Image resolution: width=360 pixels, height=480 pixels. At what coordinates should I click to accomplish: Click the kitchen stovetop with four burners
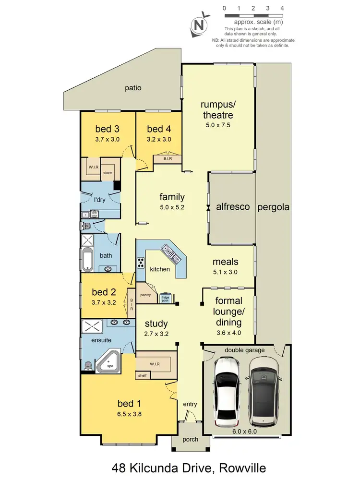point(142,263)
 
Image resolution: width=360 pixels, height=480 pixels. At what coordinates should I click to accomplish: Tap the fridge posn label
point(166,298)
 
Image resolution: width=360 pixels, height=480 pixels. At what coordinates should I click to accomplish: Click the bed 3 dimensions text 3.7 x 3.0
point(107,139)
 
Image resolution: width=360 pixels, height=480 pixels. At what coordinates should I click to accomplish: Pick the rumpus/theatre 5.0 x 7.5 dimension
point(217,127)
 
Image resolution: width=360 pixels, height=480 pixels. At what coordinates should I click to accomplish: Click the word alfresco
point(233,207)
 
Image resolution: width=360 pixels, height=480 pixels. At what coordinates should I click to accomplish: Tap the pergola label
point(274,207)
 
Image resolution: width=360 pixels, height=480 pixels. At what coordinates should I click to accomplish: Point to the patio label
point(133,88)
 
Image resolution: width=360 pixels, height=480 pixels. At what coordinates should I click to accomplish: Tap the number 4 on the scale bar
point(282,8)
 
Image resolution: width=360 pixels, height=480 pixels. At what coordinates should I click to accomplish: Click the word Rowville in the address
point(236,467)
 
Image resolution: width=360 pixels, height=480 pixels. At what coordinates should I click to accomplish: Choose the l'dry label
point(99,199)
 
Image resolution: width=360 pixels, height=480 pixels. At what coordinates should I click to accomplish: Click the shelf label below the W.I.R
point(142,375)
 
